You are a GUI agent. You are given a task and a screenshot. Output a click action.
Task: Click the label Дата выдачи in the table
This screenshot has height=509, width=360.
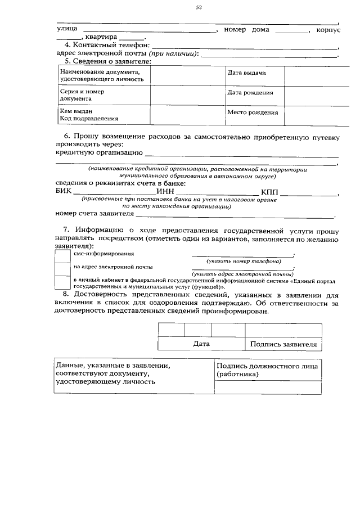pos(246,74)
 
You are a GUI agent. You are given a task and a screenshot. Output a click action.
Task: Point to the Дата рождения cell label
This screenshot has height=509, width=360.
pos(250,93)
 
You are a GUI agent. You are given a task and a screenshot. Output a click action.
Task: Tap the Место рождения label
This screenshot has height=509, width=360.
pos(252,112)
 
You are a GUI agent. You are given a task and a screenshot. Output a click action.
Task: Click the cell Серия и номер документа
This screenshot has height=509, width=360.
pos(82,94)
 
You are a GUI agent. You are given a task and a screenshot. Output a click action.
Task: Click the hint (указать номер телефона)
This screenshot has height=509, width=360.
pos(244,262)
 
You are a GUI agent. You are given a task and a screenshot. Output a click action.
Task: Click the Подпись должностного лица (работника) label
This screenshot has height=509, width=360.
pos(267,370)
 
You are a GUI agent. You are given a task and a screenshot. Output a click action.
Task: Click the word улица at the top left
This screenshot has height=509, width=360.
pos(67,30)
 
